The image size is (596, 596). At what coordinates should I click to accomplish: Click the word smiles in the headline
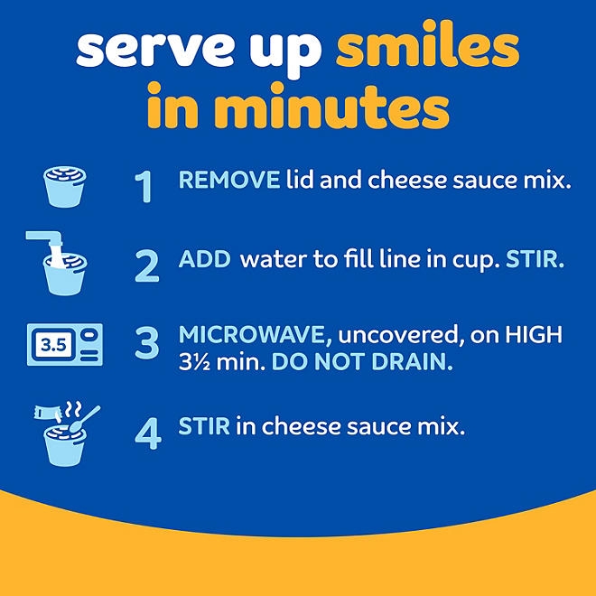click(428, 45)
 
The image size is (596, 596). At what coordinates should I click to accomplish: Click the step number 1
click(144, 187)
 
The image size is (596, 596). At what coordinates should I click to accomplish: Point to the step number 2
click(147, 266)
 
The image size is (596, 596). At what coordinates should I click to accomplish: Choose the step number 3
click(147, 343)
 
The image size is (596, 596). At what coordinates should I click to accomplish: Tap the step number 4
click(148, 433)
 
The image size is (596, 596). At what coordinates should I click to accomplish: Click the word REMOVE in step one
click(229, 180)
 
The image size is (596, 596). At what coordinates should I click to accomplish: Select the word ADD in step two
click(204, 259)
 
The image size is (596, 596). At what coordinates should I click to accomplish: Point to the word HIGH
click(534, 334)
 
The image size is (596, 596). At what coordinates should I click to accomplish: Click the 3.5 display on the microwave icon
click(53, 345)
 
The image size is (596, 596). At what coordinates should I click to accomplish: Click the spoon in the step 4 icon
click(84, 420)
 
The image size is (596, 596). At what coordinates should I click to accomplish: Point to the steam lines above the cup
click(72, 409)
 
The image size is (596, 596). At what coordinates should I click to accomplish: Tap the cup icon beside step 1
click(65, 187)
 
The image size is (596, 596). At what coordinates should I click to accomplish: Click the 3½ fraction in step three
click(193, 362)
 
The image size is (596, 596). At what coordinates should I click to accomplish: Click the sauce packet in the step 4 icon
click(48, 412)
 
